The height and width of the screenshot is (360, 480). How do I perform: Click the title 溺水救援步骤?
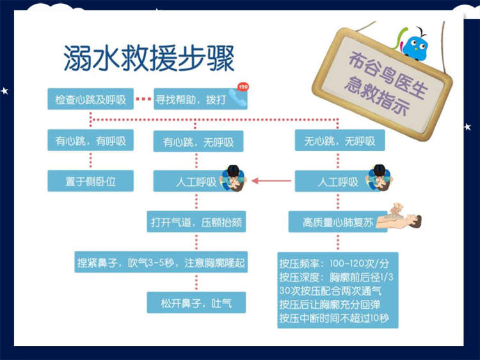[x=149, y=58]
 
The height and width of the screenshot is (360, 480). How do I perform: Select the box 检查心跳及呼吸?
[x=90, y=100]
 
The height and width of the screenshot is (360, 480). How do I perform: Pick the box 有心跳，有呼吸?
[x=90, y=141]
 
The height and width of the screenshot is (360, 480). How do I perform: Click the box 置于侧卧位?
[x=90, y=181]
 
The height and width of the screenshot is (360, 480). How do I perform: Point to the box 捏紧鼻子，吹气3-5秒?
[x=160, y=262]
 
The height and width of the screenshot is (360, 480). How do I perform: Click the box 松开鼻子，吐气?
[x=195, y=302]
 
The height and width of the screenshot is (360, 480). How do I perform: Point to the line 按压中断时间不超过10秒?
[x=338, y=318]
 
